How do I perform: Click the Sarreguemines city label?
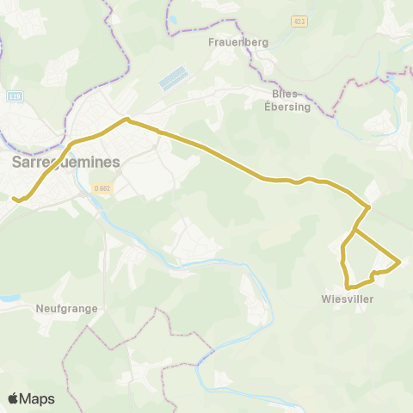click(x=65, y=162)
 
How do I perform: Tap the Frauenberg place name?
click(x=227, y=41)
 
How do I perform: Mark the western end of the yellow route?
click(x=14, y=199)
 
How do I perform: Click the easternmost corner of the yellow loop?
click(x=400, y=261)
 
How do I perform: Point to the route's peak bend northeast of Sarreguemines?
click(x=126, y=120)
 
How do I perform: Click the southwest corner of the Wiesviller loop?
click(x=347, y=286)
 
